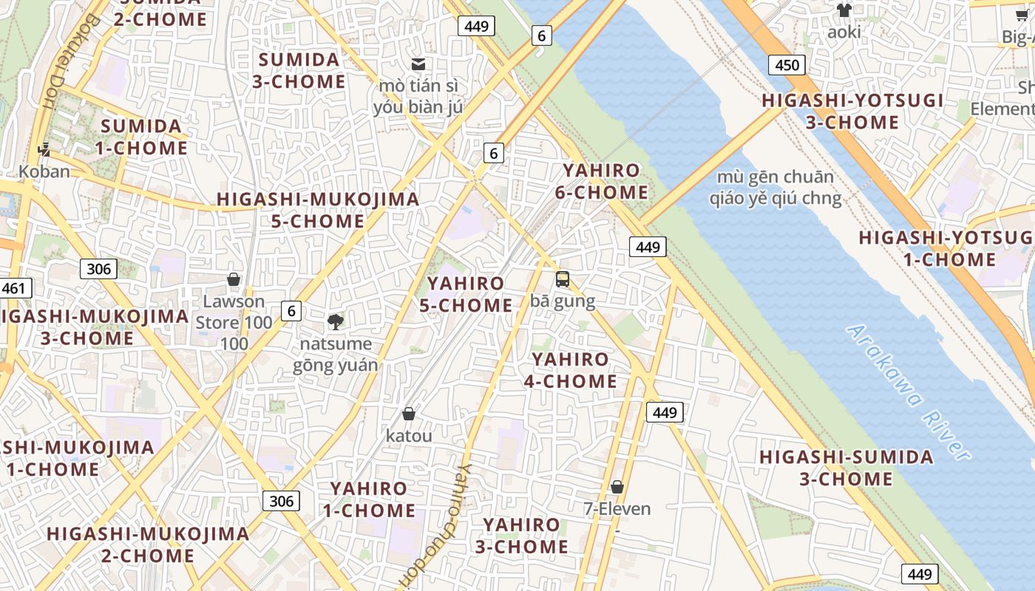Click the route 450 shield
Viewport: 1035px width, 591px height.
pyautogui.click(x=787, y=65)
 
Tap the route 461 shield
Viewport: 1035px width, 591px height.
pyautogui.click(x=14, y=288)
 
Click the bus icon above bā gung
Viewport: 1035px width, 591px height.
pyautogui.click(x=563, y=279)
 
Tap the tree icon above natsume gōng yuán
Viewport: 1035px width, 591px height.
pyautogui.click(x=336, y=321)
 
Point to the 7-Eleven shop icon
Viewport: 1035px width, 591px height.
pyautogui.click(x=617, y=487)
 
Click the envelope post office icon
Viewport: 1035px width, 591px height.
pyautogui.click(x=418, y=64)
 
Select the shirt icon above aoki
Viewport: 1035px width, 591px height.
pyautogui.click(x=844, y=10)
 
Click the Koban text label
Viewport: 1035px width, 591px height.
pyautogui.click(x=44, y=171)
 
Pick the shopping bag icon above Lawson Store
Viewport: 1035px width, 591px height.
pyautogui.click(x=234, y=279)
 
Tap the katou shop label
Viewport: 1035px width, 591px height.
pyautogui.click(x=409, y=436)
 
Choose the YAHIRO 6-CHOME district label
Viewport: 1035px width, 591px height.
pyautogui.click(x=601, y=182)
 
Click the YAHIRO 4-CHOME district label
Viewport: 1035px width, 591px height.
pyautogui.click(x=571, y=370)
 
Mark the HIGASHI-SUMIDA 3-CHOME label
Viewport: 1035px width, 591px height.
pyautogui.click(x=846, y=468)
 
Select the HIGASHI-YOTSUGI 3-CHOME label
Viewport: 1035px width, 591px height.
pyautogui.click(x=852, y=111)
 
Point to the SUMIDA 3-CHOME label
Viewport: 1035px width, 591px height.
pyautogui.click(x=299, y=70)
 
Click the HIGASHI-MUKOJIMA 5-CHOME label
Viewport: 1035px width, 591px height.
pyautogui.click(x=318, y=210)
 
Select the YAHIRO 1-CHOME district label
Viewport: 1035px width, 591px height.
pyautogui.click(x=369, y=499)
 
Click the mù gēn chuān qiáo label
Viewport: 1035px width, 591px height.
pyautogui.click(x=776, y=188)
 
